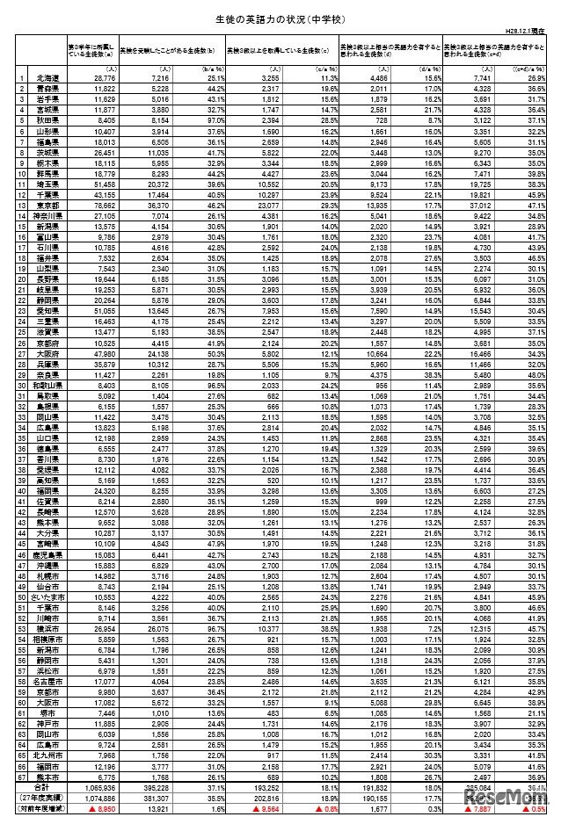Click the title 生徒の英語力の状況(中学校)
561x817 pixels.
pyautogui.click(x=280, y=17)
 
